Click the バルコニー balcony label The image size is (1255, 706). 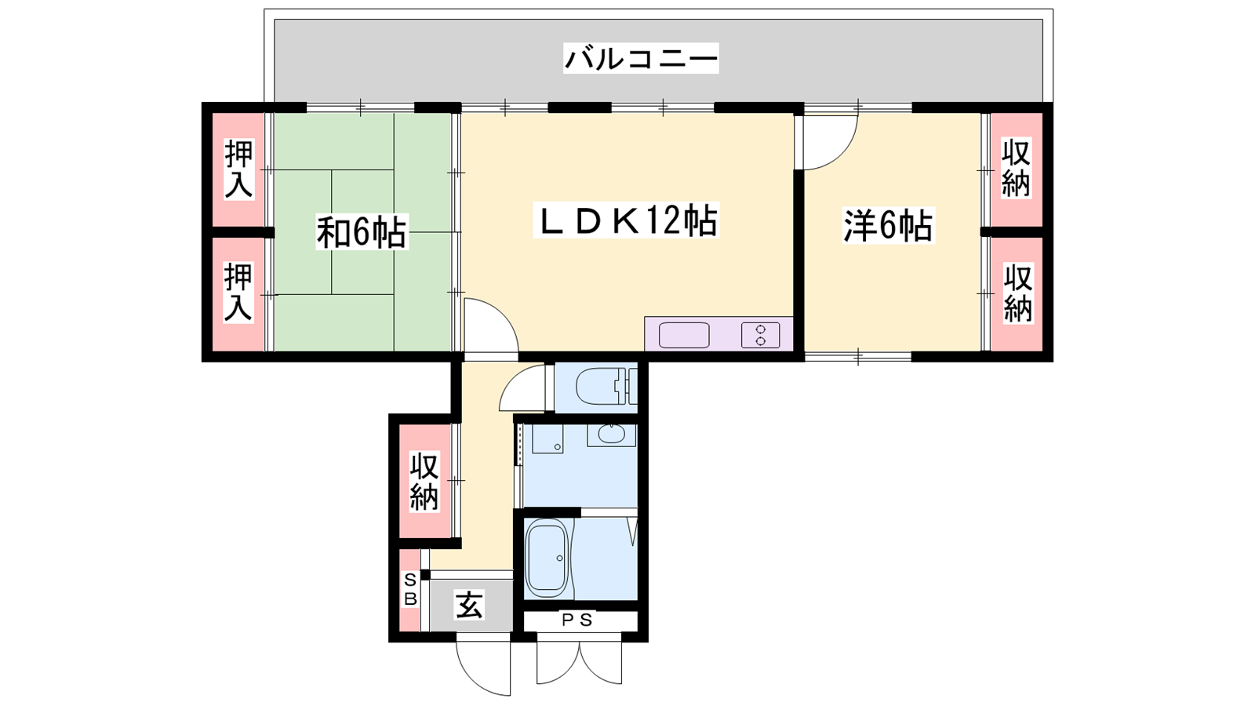[640, 58]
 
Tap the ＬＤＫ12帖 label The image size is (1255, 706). [626, 220]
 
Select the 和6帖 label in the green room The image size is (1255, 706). [362, 231]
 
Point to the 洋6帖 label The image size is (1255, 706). [888, 225]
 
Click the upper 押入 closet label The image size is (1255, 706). [238, 169]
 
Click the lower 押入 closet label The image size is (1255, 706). [238, 292]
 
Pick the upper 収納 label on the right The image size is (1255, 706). [1017, 168]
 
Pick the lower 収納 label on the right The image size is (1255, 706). [1017, 293]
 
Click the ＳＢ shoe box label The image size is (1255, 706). [410, 589]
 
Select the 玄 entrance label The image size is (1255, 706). [469, 605]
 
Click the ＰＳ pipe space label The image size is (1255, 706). [577, 620]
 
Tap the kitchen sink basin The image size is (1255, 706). [684, 335]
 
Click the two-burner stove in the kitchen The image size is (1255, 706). [760, 335]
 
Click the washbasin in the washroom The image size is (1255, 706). [612, 435]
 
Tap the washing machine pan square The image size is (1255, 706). [547, 439]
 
